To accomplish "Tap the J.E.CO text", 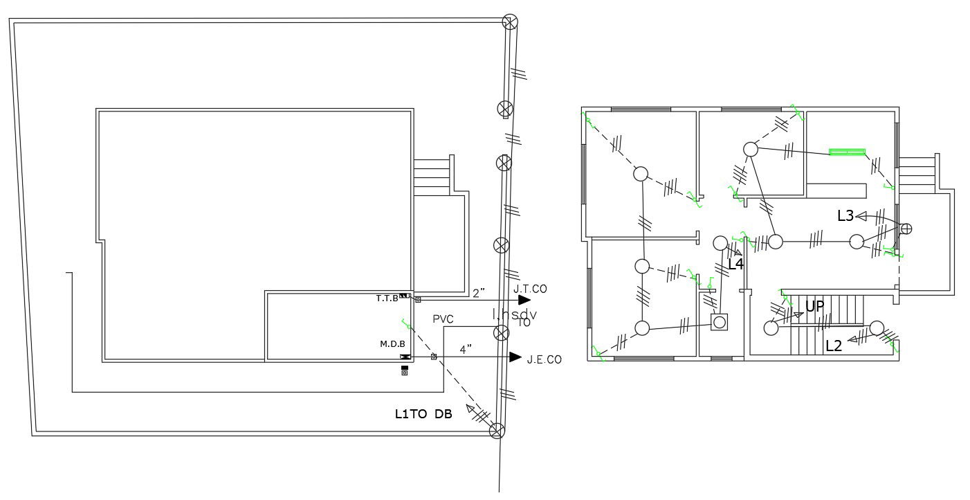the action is coord(544,359).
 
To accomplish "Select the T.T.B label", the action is coord(387,298).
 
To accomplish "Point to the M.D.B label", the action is coord(392,343).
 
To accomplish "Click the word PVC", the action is coord(443,319).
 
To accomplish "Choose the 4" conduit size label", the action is coord(465,349).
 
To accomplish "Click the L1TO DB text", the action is coord(423,414).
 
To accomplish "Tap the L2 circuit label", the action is coord(834,346).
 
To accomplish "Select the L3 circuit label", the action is coord(845,215).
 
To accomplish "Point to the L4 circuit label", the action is coord(735,264).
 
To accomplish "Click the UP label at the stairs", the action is coord(814,306).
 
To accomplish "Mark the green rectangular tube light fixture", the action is coord(848,152).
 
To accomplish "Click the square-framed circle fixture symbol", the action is coord(720,322).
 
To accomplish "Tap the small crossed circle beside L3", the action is coord(906,229).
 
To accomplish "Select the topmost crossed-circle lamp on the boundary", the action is coord(510,22).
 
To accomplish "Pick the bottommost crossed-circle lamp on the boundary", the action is coord(497,431).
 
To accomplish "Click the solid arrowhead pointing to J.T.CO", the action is coord(524,300).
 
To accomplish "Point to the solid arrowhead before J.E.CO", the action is coord(515,357).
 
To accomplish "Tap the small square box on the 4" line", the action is coord(434,357).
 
